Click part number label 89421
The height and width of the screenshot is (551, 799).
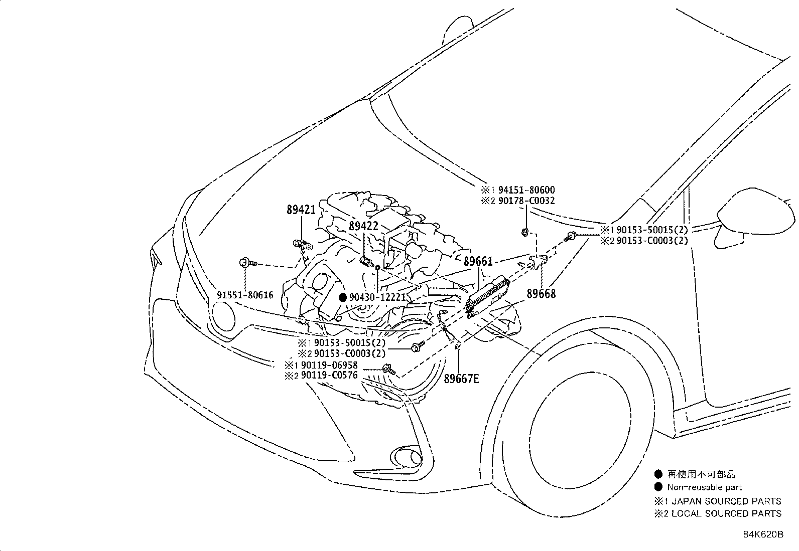pyautogui.click(x=301, y=210)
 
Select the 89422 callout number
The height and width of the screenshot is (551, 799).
pyautogui.click(x=363, y=226)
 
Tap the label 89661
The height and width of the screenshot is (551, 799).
pyautogui.click(x=478, y=262)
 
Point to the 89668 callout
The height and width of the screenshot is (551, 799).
pyautogui.click(x=541, y=294)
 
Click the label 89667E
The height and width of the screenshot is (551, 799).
pyautogui.click(x=461, y=379)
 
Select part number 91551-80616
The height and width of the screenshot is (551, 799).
pyautogui.click(x=245, y=295)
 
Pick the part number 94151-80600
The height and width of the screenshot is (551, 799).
pyautogui.click(x=525, y=190)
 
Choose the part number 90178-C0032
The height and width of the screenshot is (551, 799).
pyautogui.click(x=525, y=201)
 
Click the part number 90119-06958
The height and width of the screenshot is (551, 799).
pyautogui.click(x=328, y=365)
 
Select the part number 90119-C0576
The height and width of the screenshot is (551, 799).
pyautogui.click(x=328, y=375)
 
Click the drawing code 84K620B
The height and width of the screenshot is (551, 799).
pyautogui.click(x=763, y=534)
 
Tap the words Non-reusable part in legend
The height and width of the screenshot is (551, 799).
pyautogui.click(x=704, y=487)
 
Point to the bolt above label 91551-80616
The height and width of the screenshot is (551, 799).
pyautogui.click(x=245, y=262)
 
